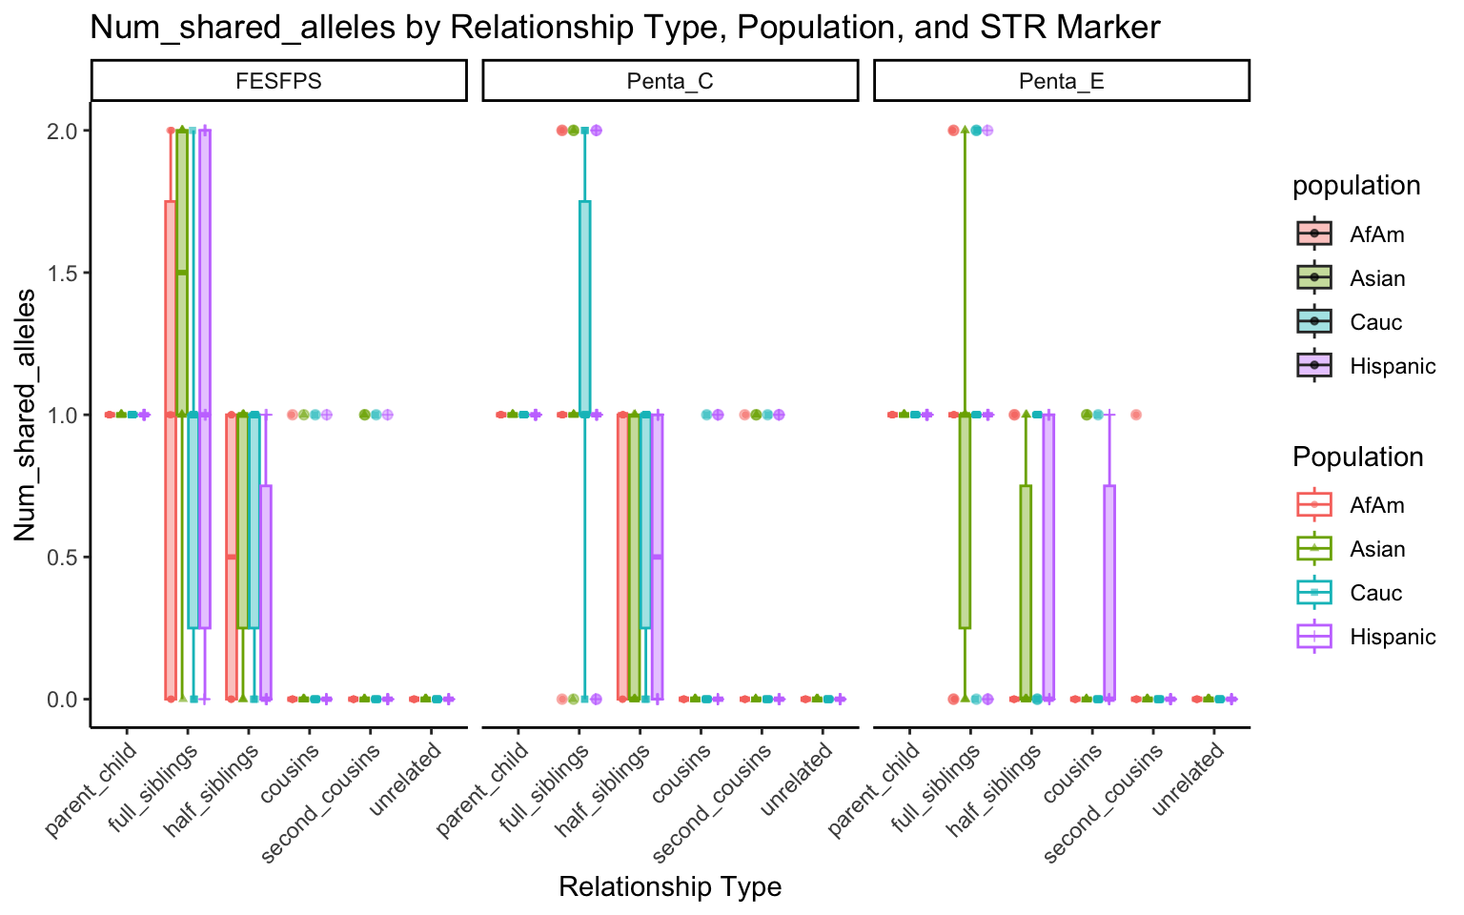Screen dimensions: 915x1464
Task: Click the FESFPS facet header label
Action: tap(278, 81)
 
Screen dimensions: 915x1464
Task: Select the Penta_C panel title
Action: tap(670, 81)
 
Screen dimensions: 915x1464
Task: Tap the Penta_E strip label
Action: tap(1061, 81)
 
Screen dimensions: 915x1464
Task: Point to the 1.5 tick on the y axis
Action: tap(64, 273)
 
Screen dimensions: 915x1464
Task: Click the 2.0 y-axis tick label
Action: tap(64, 131)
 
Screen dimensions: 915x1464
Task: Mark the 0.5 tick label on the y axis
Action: tap(64, 557)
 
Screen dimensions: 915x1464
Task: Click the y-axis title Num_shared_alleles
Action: tap(26, 414)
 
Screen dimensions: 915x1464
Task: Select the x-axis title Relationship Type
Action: tap(670, 887)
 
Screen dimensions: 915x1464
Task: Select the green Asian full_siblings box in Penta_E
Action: tap(965, 520)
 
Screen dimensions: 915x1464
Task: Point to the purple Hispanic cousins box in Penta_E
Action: tap(1109, 591)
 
